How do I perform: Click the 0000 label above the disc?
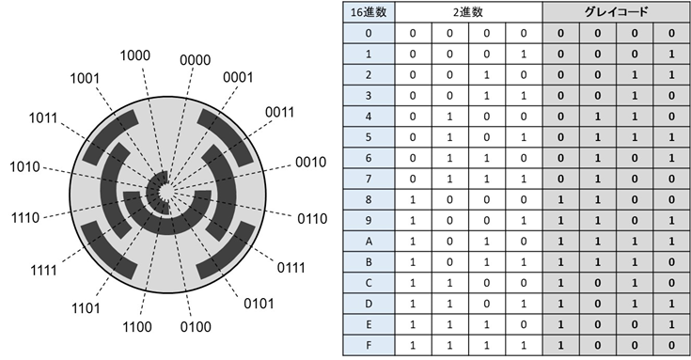(195, 61)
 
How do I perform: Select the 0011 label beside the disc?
(280, 112)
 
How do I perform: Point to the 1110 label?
(24, 216)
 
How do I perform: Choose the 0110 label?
(311, 219)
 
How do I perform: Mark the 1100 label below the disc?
(138, 328)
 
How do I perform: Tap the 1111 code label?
(42, 268)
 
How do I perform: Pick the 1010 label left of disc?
(25, 166)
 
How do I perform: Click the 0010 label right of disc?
(309, 162)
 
